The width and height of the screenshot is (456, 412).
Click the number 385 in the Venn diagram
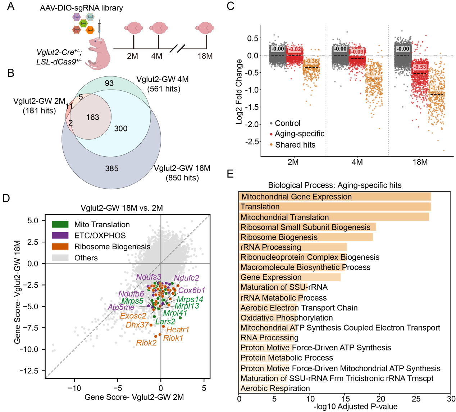click(111, 169)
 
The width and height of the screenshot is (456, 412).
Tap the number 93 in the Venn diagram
click(109, 83)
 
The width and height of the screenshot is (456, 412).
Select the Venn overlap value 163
click(92, 117)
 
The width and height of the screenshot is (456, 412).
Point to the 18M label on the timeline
click(205, 56)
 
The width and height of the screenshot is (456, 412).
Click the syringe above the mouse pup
click(99, 28)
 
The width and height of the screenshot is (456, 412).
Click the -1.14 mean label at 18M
click(437, 88)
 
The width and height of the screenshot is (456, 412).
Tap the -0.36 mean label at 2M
click(311, 61)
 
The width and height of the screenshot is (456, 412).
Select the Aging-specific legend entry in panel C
click(297, 134)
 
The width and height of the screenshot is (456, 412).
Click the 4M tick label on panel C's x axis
click(357, 162)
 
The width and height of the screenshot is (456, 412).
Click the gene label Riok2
click(146, 343)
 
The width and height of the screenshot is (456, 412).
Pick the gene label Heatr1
click(178, 330)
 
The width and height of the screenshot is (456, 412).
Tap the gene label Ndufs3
click(149, 277)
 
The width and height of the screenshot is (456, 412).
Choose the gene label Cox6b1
click(192, 290)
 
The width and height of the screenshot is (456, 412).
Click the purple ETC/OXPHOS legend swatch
click(60, 235)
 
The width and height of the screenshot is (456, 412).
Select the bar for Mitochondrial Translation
click(334, 217)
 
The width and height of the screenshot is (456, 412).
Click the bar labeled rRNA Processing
click(293, 247)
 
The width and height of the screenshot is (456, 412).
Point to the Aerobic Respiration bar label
click(275, 388)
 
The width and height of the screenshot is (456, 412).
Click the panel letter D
click(6, 198)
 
